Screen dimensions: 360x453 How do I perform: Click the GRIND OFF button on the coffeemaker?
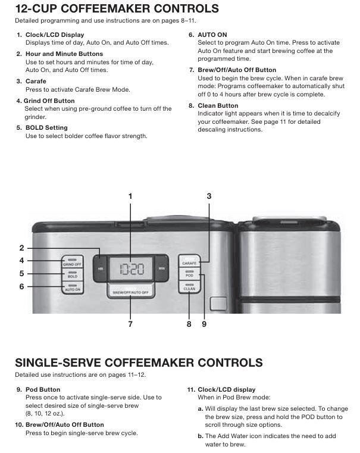[72, 262]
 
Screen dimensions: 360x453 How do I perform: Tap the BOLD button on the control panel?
[72, 274]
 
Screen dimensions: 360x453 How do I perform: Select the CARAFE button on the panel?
[189, 261]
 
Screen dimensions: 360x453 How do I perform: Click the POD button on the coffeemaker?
[189, 274]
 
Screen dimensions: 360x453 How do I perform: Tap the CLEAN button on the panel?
[189, 287]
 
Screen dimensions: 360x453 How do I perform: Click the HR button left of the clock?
[101, 268]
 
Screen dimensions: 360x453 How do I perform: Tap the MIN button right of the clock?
[161, 268]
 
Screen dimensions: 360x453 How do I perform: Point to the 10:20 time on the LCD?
[132, 269]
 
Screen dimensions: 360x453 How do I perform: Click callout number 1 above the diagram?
[130, 196]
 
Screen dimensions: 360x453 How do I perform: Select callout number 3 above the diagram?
[209, 196]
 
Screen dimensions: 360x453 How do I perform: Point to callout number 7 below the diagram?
[130, 324]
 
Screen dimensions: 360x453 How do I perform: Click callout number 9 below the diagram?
[204, 324]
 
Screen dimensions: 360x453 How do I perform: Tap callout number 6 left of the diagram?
[21, 286]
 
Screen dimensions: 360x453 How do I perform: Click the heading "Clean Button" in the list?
[218, 106]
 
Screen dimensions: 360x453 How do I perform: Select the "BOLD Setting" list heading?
[46, 128]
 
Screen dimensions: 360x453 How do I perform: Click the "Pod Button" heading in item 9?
[43, 389]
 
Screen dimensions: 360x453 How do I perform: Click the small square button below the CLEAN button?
[218, 304]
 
